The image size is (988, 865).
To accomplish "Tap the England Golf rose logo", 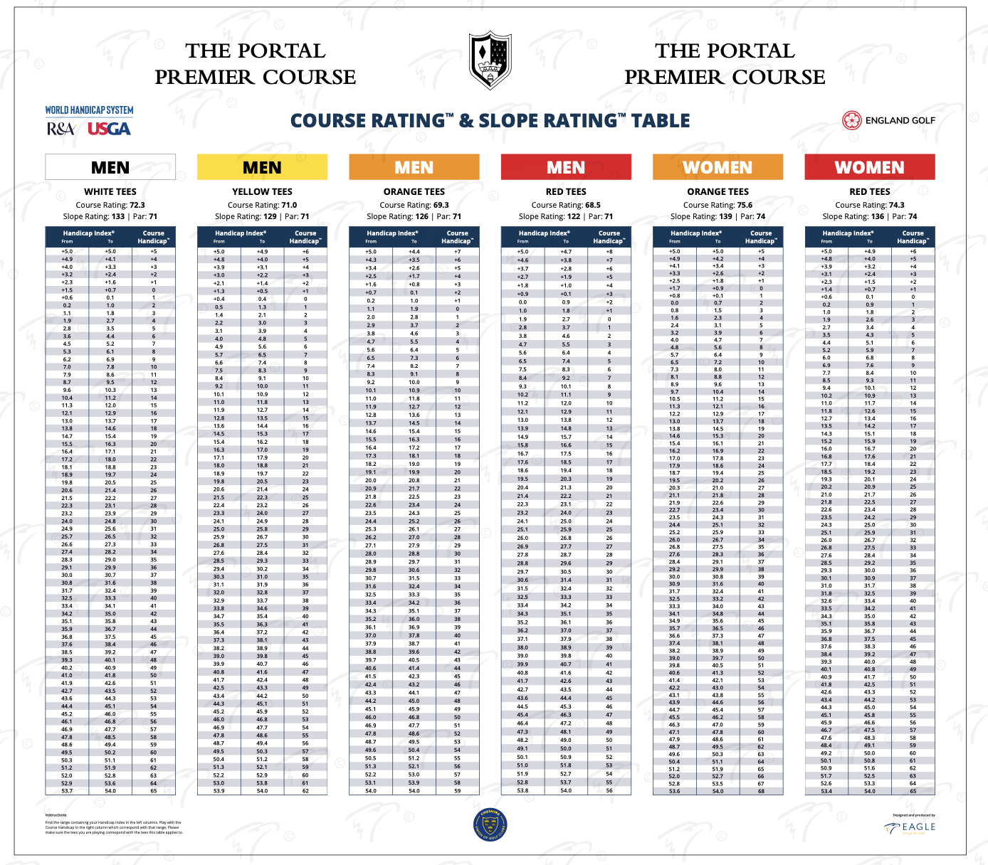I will pos(851,120).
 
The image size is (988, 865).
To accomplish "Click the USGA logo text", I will pos(109,129).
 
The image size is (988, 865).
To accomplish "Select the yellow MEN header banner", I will pos(262,167).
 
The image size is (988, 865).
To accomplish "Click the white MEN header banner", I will pos(110,167).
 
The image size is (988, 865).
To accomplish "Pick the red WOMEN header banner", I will pos(869,167).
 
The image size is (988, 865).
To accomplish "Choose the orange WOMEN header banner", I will pos(718,167).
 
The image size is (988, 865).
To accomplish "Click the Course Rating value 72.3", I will pos(137,205).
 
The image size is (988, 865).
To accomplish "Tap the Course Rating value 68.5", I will pos(593,205).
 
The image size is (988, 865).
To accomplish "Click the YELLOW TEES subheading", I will pos(262,191).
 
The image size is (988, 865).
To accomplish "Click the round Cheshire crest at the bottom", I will pos(490,825).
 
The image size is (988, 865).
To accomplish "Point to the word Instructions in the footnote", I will pos(56,815).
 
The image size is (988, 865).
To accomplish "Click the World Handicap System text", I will pos(89,110).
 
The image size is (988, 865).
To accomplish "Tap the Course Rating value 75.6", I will pos(745,205).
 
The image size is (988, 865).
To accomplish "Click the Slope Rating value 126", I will pos(422,216).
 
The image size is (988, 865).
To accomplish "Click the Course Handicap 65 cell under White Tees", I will pos(153,790).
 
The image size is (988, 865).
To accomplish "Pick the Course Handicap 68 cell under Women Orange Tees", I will pos(761,790).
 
